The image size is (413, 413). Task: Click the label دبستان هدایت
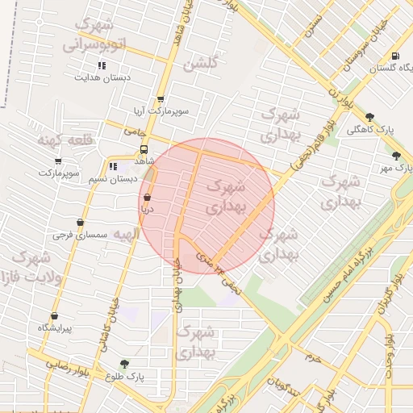pyautogui.click(x=102, y=78)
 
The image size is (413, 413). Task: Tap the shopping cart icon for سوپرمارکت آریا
pyautogui.click(x=161, y=99)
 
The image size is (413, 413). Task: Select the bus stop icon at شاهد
pyautogui.click(x=144, y=149)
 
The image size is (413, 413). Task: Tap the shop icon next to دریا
pyautogui.click(x=147, y=197)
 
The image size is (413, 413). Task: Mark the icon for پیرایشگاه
pyautogui.click(x=54, y=316)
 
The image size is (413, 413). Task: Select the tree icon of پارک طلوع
pyautogui.click(x=123, y=364)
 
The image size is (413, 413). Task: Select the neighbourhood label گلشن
pyautogui.click(x=201, y=65)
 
